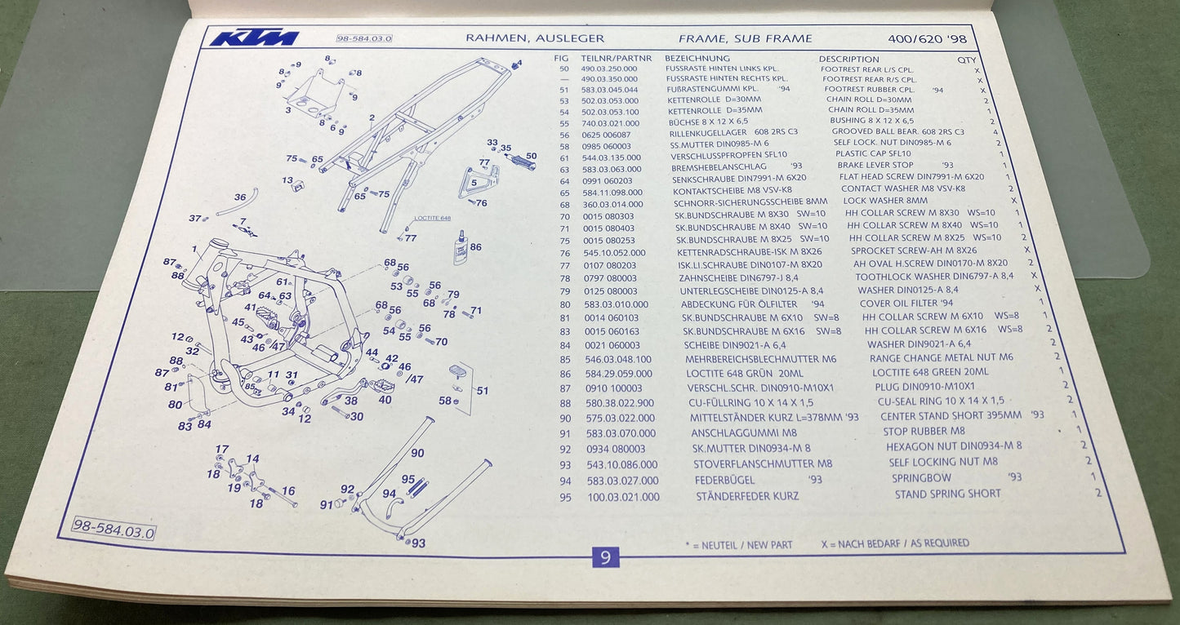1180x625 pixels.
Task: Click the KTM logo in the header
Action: click(255, 38)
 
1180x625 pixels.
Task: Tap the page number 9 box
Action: click(605, 557)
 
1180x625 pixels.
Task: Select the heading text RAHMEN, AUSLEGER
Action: click(535, 38)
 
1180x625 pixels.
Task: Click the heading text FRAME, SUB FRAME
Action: click(746, 38)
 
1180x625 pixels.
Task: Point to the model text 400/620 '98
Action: click(927, 39)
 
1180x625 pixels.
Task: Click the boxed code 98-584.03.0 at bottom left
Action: click(114, 528)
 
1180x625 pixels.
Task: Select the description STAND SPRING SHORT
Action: click(947, 494)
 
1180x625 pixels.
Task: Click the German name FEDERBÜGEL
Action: click(725, 481)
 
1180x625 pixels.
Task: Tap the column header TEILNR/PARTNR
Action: click(616, 59)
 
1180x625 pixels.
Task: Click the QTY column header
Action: click(966, 60)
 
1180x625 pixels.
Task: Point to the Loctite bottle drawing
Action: click(460, 247)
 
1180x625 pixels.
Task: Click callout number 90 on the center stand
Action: click(417, 453)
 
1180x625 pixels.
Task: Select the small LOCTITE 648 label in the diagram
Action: click(433, 218)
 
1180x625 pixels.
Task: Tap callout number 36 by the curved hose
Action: click(240, 197)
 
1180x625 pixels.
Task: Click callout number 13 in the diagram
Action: click(287, 180)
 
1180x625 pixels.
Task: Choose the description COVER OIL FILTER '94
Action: click(906, 304)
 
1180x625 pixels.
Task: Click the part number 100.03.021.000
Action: click(623, 497)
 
